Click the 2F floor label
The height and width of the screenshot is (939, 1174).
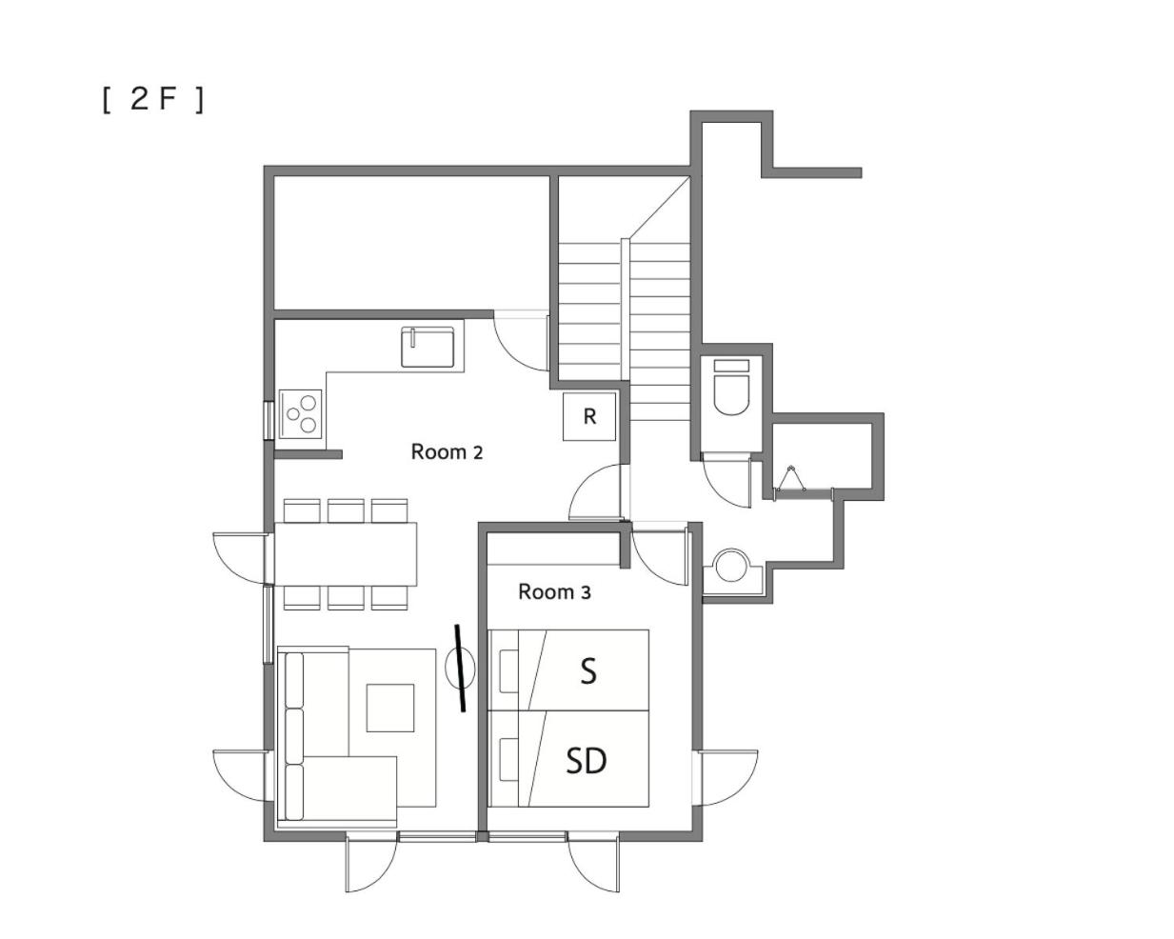(x=152, y=100)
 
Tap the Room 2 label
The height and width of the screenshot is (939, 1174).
(x=447, y=452)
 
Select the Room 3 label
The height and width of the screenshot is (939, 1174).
(x=554, y=592)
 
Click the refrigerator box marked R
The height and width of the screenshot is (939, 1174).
(x=589, y=417)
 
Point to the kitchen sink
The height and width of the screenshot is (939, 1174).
(x=428, y=347)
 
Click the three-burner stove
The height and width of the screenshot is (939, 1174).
(x=301, y=414)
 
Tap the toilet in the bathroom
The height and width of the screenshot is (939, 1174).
(x=731, y=388)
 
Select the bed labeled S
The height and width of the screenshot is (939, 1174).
(x=568, y=670)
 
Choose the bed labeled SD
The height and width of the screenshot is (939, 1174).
(x=568, y=758)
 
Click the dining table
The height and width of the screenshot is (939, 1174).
(x=346, y=554)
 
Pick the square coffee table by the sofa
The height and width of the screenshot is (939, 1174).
(x=390, y=708)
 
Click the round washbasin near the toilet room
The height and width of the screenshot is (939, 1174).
(x=731, y=566)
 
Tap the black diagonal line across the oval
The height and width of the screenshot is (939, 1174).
(x=461, y=669)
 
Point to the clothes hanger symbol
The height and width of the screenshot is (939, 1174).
(x=790, y=479)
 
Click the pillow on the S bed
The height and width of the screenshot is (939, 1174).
(x=509, y=670)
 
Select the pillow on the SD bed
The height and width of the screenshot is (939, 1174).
(x=509, y=760)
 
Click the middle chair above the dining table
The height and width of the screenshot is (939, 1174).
(x=346, y=510)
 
